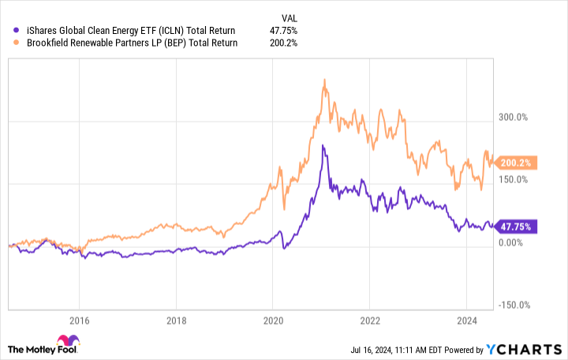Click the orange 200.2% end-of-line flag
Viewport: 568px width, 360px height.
[x=518, y=163]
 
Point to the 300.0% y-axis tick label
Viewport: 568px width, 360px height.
[x=510, y=118]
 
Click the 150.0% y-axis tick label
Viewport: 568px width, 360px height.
[x=510, y=180]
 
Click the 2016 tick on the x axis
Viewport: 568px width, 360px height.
[x=79, y=321]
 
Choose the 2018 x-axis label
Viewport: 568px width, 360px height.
[x=176, y=321]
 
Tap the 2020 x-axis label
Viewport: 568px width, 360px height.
[x=273, y=321]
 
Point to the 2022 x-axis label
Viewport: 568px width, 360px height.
[x=370, y=321]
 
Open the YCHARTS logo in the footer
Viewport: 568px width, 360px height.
[x=529, y=347]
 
